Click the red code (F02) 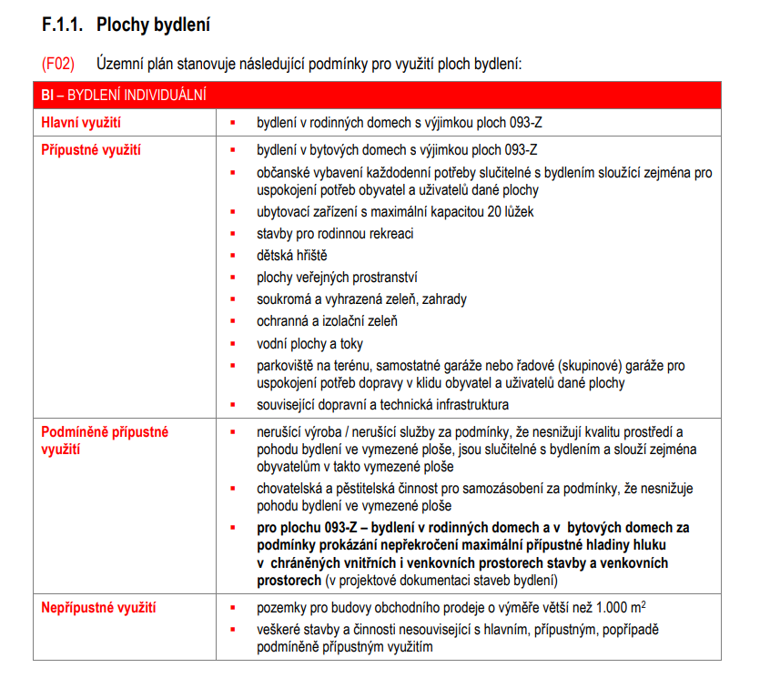click(x=56, y=65)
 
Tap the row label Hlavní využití click(x=81, y=121)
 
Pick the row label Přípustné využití click(x=91, y=149)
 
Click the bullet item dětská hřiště click(x=291, y=256)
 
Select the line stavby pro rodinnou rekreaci click(x=335, y=234)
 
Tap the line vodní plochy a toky click(x=309, y=343)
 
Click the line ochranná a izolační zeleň click(x=327, y=321)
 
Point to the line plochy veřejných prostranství click(x=337, y=278)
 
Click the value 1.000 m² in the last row click(x=623, y=607)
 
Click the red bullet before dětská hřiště click(x=233, y=257)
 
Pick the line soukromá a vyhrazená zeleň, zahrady click(x=361, y=299)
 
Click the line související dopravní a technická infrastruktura click(x=382, y=404)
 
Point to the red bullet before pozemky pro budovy click(x=233, y=608)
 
